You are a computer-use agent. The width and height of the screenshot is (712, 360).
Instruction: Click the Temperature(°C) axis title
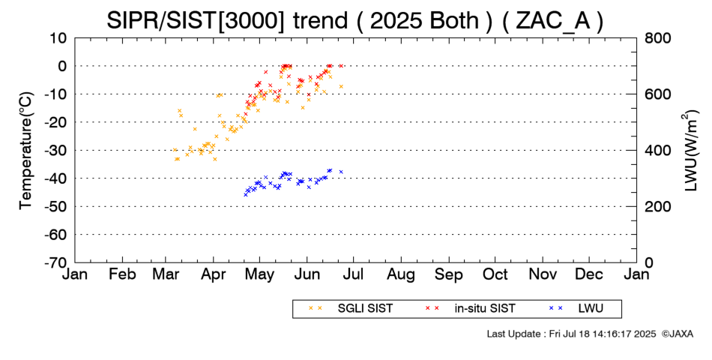25,150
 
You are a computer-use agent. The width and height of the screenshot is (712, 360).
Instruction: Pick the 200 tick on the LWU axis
655,206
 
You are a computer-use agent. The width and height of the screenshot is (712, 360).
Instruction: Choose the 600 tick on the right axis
655,94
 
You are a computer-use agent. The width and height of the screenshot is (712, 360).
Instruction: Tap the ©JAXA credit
678,333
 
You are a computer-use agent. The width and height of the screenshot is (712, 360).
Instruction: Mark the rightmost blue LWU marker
341,172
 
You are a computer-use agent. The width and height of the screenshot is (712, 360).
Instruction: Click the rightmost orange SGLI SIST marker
341,86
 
